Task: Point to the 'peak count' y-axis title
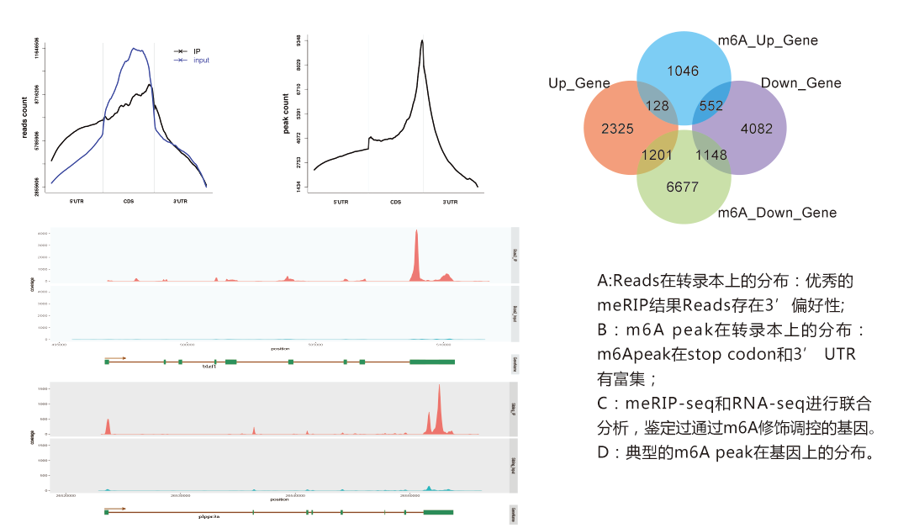(x=286, y=119)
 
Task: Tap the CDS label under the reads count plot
(x=129, y=202)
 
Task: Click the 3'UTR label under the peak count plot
(x=450, y=202)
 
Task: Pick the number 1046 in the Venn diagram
(x=683, y=71)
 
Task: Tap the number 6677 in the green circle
(x=682, y=187)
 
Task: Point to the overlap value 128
(x=657, y=106)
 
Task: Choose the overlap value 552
(x=710, y=106)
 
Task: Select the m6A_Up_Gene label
(x=767, y=40)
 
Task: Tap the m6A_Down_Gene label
(x=777, y=213)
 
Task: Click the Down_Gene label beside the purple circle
(x=800, y=82)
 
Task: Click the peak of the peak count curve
(x=422, y=42)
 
